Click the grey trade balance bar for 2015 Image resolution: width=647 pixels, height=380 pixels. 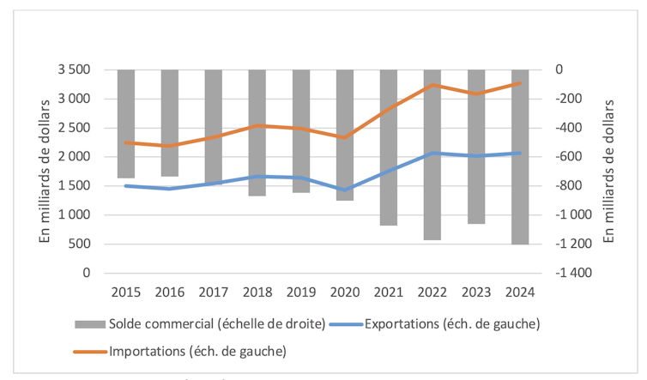pyautogui.click(x=126, y=124)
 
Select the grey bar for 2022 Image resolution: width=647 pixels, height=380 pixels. pyautogui.click(x=432, y=154)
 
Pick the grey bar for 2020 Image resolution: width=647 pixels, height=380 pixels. pyautogui.click(x=345, y=135)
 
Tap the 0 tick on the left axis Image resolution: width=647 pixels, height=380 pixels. pyautogui.click(x=86, y=273)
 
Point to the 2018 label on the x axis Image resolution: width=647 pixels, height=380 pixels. pyautogui.click(x=257, y=292)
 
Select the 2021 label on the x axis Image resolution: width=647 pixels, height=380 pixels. pyautogui.click(x=389, y=292)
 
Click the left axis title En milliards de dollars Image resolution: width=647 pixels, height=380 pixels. pyautogui.click(x=45, y=171)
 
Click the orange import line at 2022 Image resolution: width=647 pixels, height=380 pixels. pyautogui.click(x=432, y=85)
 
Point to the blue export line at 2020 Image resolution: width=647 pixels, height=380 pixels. pyautogui.click(x=345, y=190)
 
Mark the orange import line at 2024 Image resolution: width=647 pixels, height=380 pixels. pyautogui.click(x=520, y=83)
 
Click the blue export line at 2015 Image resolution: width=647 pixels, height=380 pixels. pyautogui.click(x=126, y=185)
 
